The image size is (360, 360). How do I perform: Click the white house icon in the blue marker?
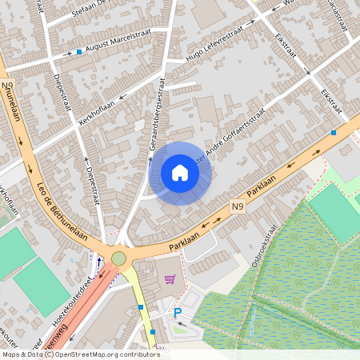click(180, 173)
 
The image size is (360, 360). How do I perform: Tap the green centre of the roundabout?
click(118, 258)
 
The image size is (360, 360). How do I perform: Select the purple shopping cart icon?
click(170, 279)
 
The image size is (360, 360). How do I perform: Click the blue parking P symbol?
click(178, 313)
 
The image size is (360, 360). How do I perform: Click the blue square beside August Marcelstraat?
click(79, 52)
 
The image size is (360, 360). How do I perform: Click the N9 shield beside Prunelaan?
click(7, 85)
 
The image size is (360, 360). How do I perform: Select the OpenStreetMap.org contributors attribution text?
click(104, 354)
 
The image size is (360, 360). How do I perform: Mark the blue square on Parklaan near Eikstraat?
click(333, 132)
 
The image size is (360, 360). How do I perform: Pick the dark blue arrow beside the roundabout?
click(98, 261)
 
